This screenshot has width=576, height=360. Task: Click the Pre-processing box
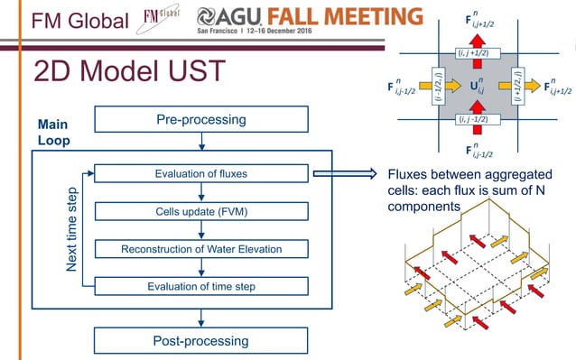[x=201, y=119]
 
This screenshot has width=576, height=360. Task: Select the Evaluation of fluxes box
[x=201, y=173]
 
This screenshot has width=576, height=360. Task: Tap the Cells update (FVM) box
[x=201, y=211]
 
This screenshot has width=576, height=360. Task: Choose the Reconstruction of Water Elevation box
[x=201, y=248]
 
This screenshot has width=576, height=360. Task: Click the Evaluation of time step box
[x=201, y=286]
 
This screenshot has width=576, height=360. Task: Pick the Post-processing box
[x=201, y=340]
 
